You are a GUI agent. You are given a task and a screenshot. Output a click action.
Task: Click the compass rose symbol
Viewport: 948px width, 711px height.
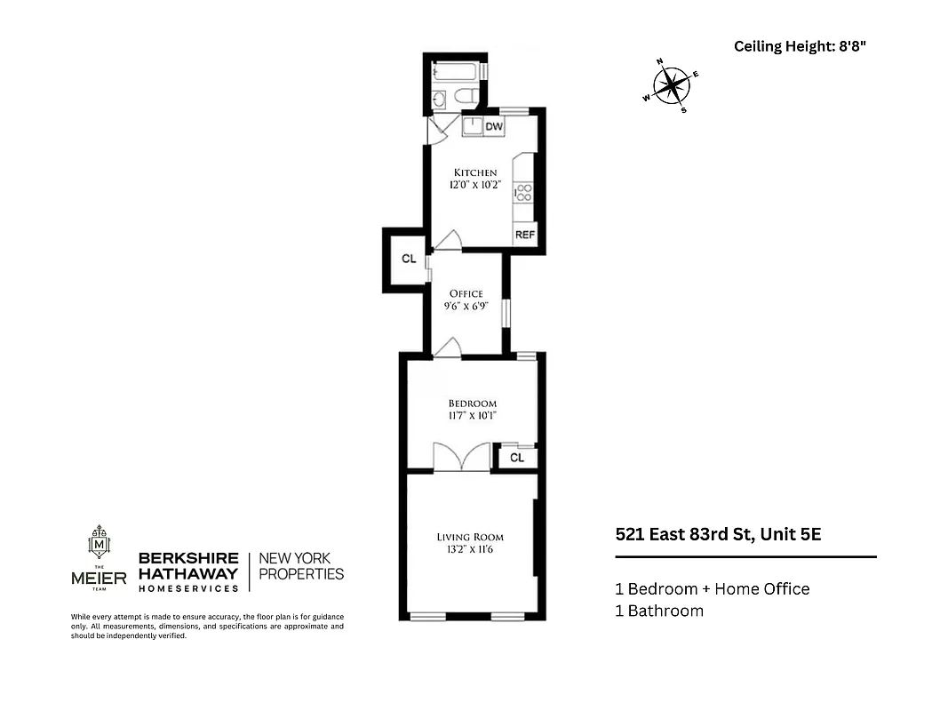click(x=672, y=86)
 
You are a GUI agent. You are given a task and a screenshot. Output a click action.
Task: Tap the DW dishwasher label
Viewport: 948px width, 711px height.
click(x=494, y=127)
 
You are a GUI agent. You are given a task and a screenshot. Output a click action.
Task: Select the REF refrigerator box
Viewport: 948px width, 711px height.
click(x=524, y=236)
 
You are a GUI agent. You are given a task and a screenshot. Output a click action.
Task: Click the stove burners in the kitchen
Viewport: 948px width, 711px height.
click(x=523, y=193)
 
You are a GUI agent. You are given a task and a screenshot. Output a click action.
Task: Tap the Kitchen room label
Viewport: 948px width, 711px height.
click(x=475, y=172)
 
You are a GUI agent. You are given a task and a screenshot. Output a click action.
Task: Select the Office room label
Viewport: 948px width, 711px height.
click(x=466, y=294)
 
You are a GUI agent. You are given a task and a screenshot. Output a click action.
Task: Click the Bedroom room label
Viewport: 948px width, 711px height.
click(x=472, y=403)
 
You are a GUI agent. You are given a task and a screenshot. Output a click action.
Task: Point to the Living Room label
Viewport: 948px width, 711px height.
click(x=470, y=537)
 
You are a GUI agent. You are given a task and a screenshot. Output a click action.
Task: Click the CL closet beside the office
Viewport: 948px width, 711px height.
click(x=408, y=260)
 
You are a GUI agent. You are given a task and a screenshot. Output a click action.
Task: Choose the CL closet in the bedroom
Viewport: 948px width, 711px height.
click(x=517, y=458)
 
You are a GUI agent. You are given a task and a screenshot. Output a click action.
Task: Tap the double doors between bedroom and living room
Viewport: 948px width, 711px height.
click(x=461, y=458)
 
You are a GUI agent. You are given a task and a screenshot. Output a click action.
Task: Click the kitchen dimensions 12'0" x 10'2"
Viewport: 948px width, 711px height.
click(x=475, y=186)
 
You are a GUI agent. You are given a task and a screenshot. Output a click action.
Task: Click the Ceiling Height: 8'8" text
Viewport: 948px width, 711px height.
click(x=799, y=47)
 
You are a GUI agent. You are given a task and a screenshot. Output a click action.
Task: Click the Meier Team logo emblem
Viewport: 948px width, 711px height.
click(x=99, y=543)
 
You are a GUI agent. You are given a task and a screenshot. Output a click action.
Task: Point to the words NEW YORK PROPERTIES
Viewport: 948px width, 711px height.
click(x=301, y=566)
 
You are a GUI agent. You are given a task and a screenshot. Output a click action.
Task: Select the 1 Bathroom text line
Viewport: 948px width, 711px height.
click(x=658, y=611)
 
